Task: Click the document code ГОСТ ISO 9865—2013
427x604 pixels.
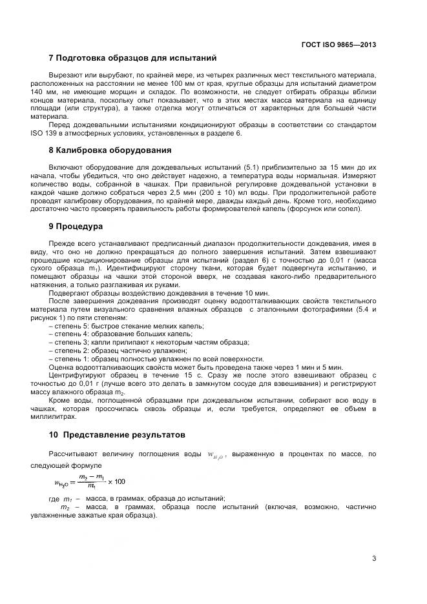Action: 338,45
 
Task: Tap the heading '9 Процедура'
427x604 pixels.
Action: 72,226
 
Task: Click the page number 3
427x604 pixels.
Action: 374,558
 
